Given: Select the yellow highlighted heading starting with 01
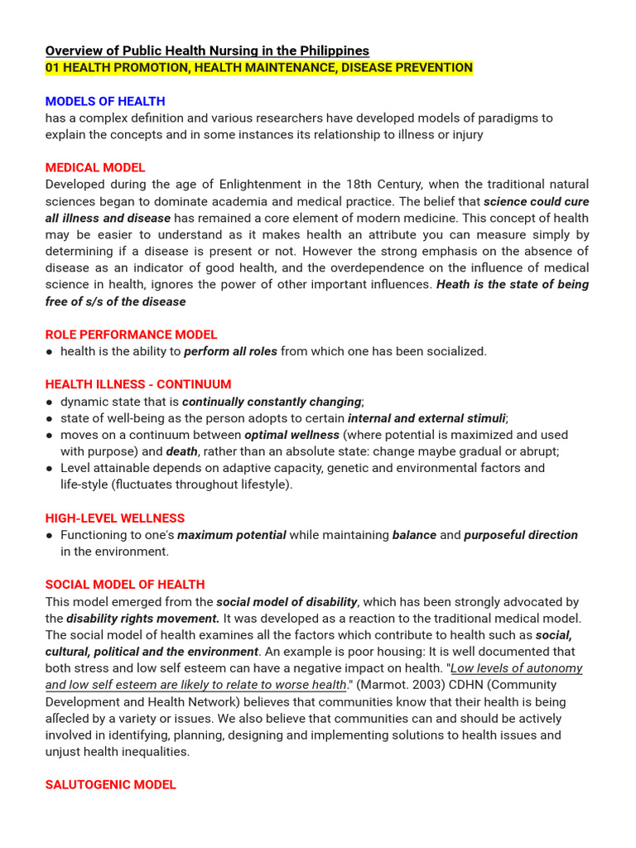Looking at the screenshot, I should click(x=258, y=68).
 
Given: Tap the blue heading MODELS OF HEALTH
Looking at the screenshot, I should click(x=105, y=101).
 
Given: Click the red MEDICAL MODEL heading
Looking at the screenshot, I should click(x=95, y=167).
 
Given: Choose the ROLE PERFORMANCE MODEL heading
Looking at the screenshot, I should click(x=131, y=335).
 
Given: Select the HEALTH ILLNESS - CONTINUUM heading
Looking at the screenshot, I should click(x=138, y=384).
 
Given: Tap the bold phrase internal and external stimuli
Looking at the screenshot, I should click(x=426, y=418).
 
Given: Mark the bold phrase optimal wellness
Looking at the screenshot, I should click(x=291, y=435).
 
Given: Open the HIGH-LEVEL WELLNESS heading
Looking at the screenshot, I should click(x=115, y=518).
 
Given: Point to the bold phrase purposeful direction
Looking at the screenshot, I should click(x=520, y=535).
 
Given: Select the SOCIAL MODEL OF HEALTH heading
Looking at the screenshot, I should click(x=125, y=585).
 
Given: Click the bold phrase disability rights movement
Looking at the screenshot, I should click(x=142, y=619).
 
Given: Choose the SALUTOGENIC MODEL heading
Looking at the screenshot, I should click(x=110, y=784).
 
